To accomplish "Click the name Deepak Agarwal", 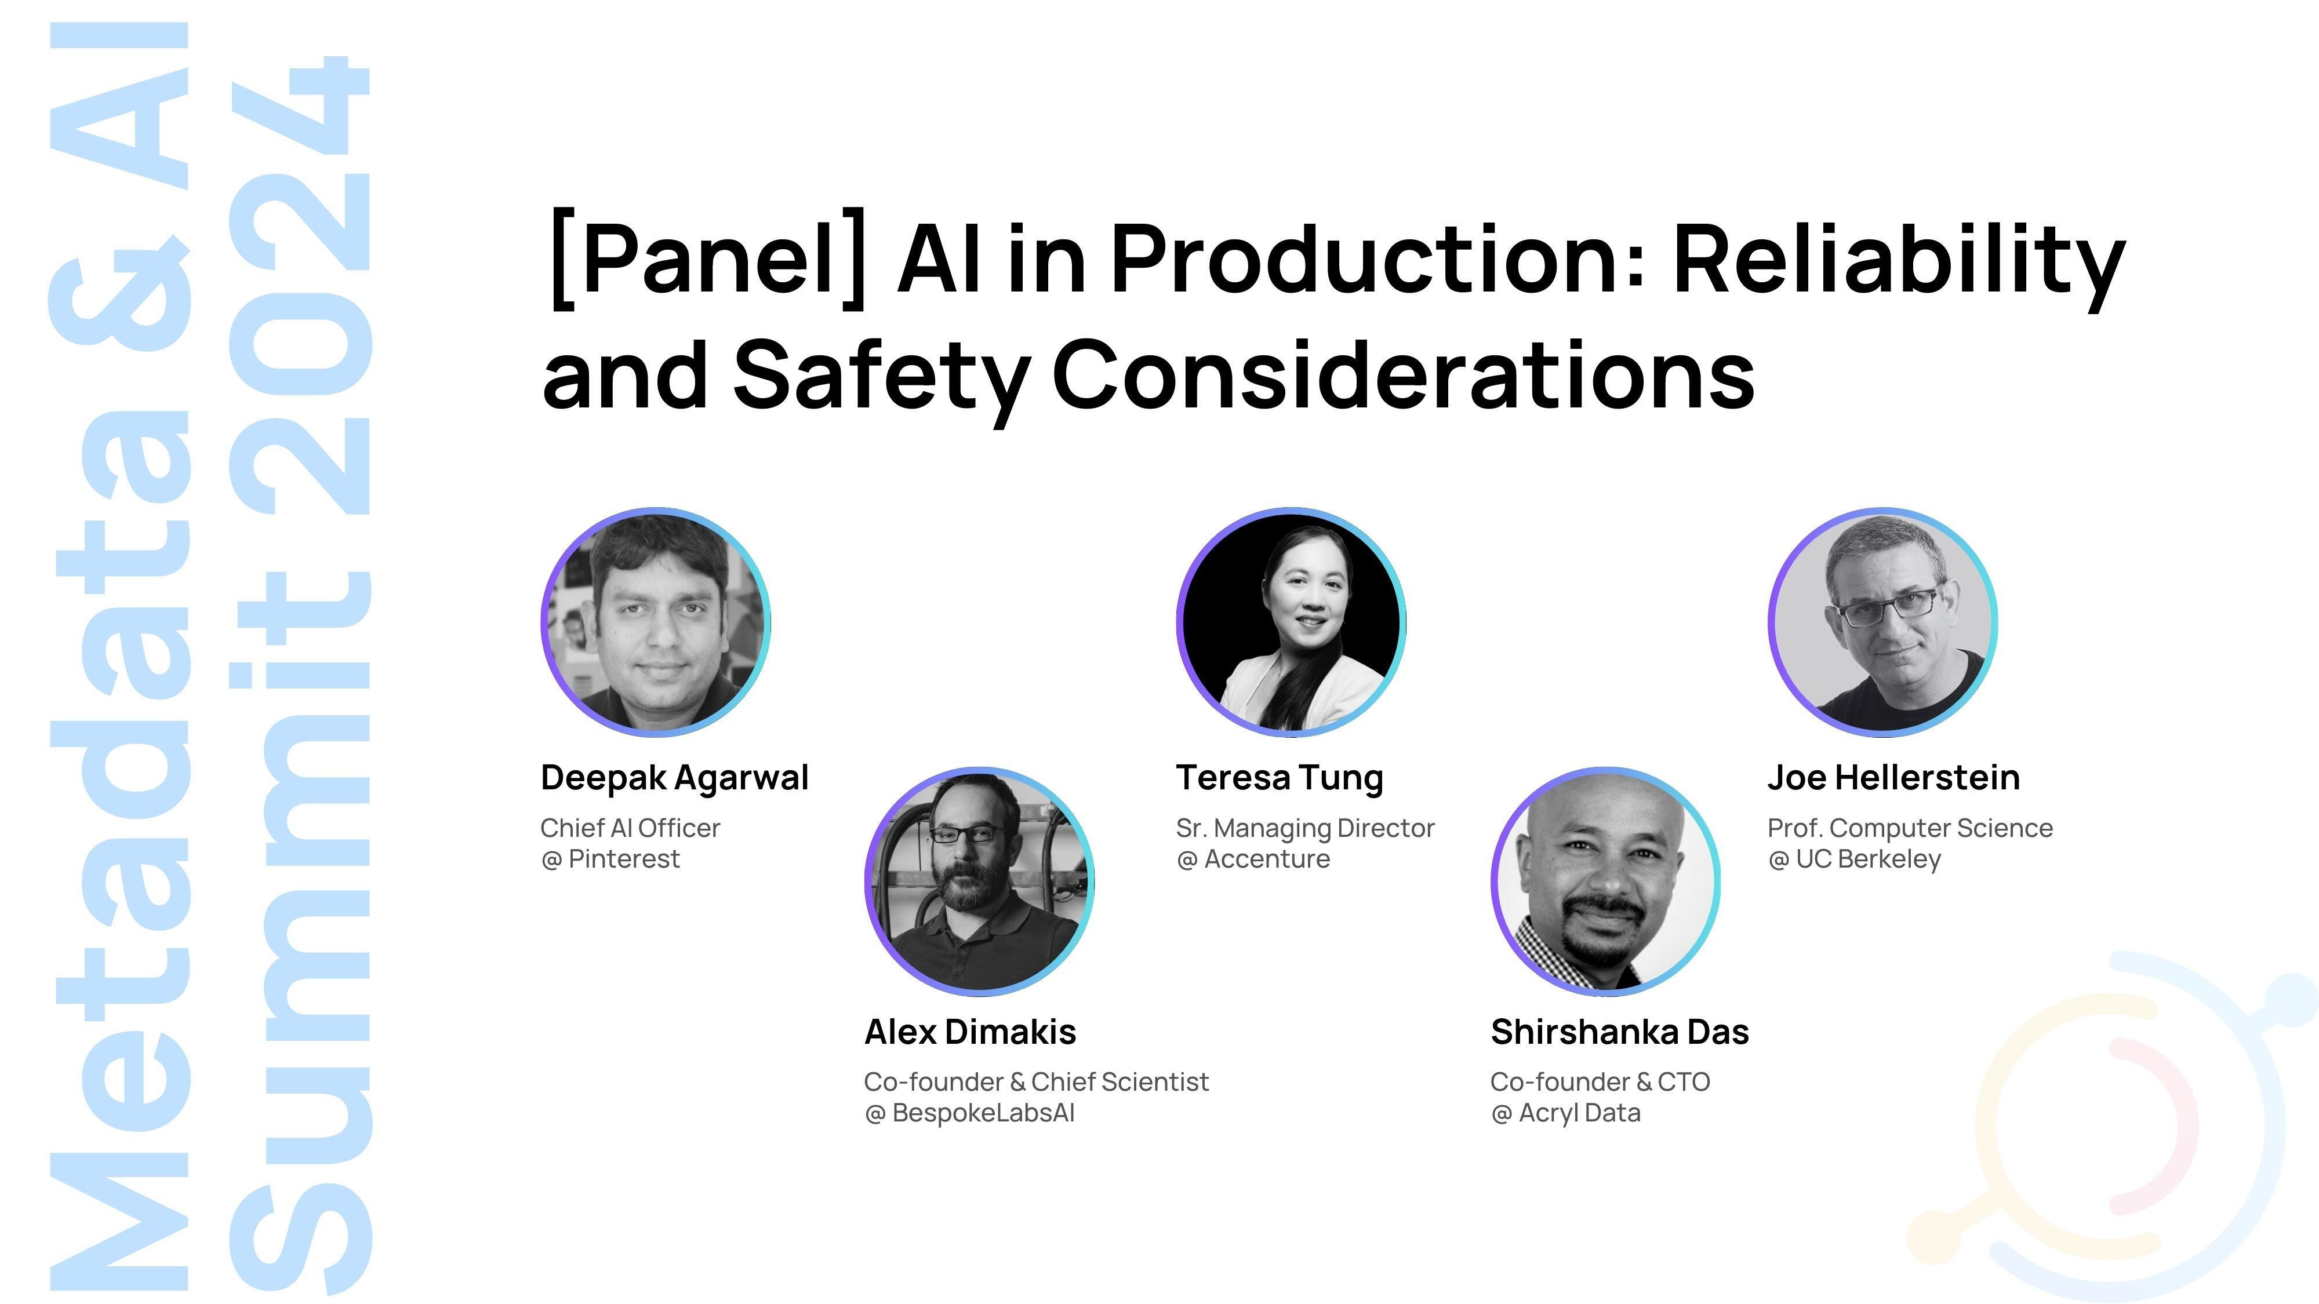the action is (x=674, y=778).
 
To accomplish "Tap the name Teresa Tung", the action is (x=1280, y=778).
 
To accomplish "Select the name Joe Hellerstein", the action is (x=1893, y=778).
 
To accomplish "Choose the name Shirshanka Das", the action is (x=1619, y=1032).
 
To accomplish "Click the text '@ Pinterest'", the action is (x=610, y=859).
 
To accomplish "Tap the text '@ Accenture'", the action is (x=1253, y=859).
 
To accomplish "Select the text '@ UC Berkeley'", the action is (x=1855, y=860).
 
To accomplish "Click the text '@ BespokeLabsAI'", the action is (x=969, y=1114).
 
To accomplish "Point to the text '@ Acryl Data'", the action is (x=1565, y=1114).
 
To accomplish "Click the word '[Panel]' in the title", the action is (x=707, y=259).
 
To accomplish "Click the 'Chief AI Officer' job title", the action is (x=630, y=828).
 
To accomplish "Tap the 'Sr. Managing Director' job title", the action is (x=1306, y=829).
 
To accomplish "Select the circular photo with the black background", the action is (x=1292, y=622).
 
